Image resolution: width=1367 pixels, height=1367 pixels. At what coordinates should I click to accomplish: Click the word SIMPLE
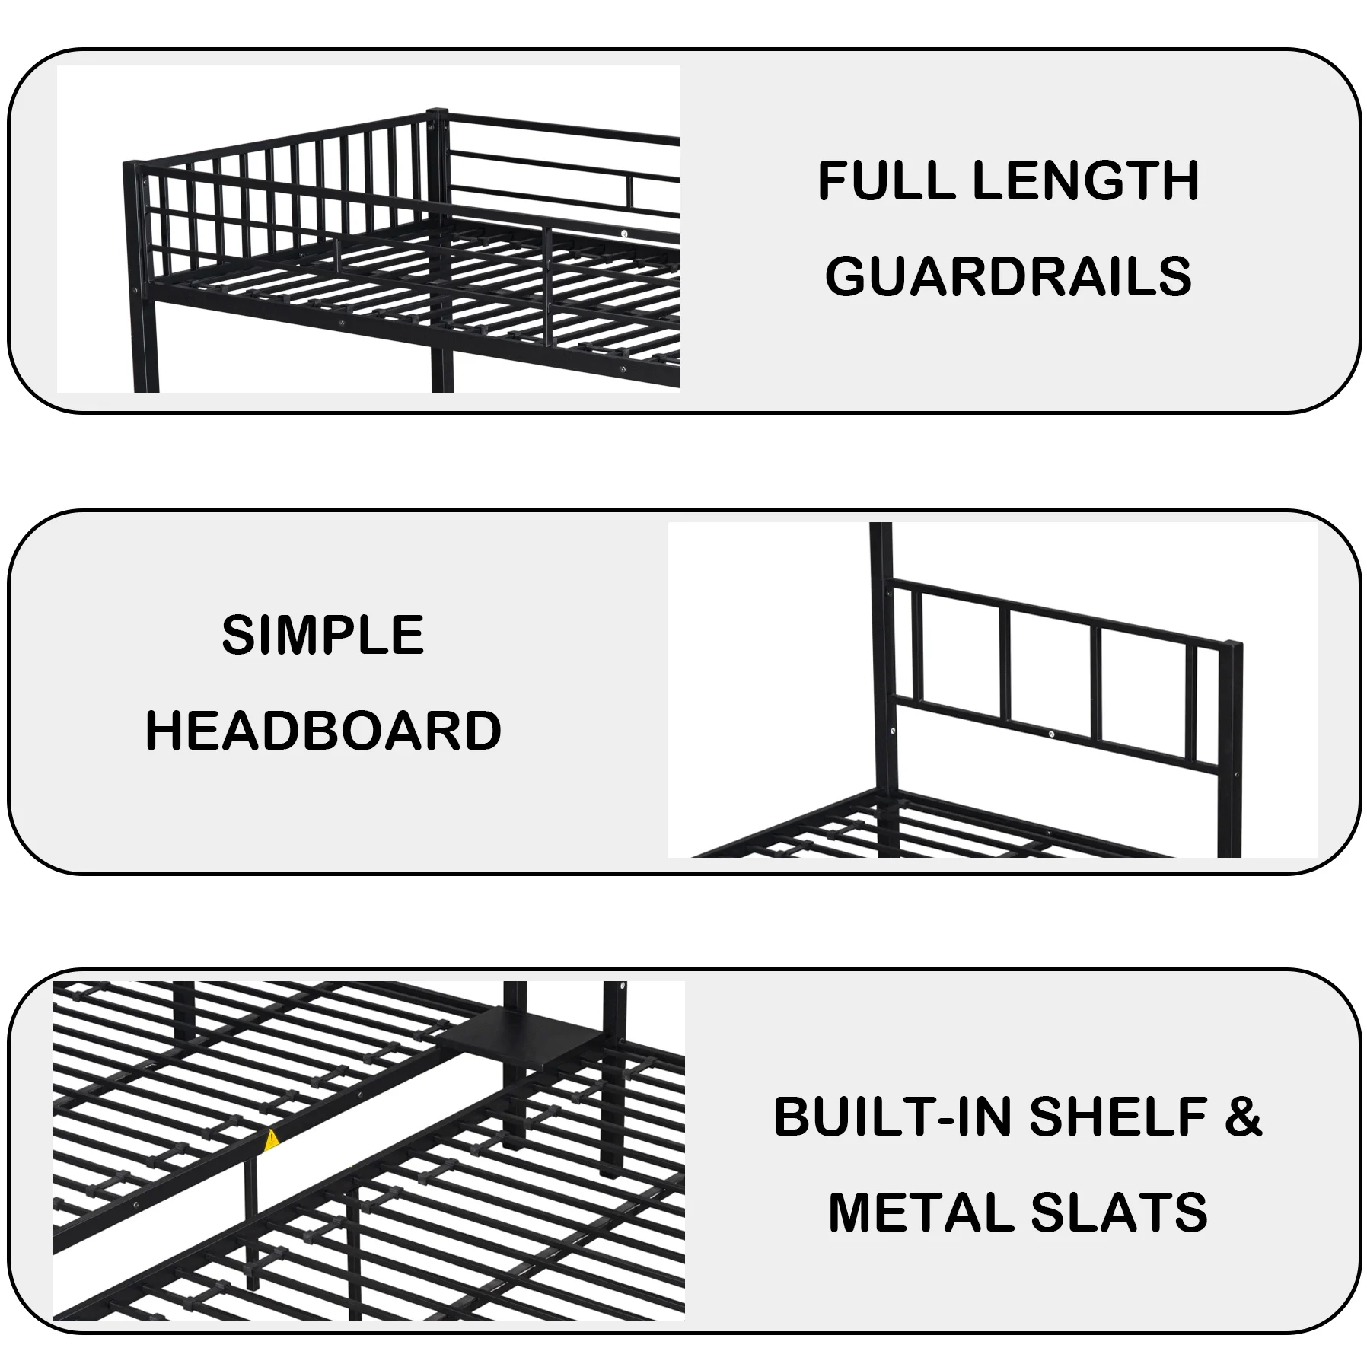coord(323,635)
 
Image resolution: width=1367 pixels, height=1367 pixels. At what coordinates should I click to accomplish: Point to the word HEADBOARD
coord(323,730)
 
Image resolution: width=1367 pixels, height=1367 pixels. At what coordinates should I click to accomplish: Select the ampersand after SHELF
coord(1244,1117)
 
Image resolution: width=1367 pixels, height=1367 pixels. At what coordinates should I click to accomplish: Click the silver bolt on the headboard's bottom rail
coord(1050,734)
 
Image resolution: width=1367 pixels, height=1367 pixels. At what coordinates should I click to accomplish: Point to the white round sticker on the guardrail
coord(624,234)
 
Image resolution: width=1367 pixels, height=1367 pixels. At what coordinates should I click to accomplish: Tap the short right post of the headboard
coord(1229,749)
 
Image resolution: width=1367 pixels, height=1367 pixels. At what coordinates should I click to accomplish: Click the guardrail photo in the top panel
coord(368,229)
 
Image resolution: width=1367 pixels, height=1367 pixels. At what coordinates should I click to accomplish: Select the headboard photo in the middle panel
coord(993,690)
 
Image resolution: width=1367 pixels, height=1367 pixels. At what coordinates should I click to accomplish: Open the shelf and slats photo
coord(368,1152)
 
